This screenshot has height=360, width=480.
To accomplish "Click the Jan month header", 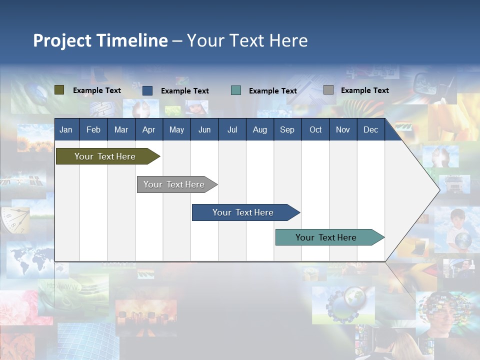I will (x=66, y=130).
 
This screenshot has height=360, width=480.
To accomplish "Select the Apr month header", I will (x=148, y=130).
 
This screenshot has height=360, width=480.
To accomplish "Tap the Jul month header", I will (x=232, y=130).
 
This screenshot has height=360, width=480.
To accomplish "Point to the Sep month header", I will (x=287, y=130).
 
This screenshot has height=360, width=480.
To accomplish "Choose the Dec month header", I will (x=370, y=130).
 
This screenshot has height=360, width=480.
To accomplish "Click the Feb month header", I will (x=93, y=130).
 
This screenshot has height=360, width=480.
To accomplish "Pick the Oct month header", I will (x=315, y=130).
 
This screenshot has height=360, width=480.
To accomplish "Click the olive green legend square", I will (x=59, y=90).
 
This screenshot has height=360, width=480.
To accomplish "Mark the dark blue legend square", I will (x=147, y=90).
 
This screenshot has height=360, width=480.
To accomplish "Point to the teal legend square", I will (x=236, y=90).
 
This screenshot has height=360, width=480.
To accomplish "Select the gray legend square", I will (x=328, y=90).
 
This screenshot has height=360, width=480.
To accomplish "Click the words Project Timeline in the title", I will (x=100, y=40).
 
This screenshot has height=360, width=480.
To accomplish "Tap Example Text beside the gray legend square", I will (x=364, y=90).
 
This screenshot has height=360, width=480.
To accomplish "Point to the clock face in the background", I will (x=15, y=220).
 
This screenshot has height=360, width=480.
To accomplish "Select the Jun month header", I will (x=204, y=130).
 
